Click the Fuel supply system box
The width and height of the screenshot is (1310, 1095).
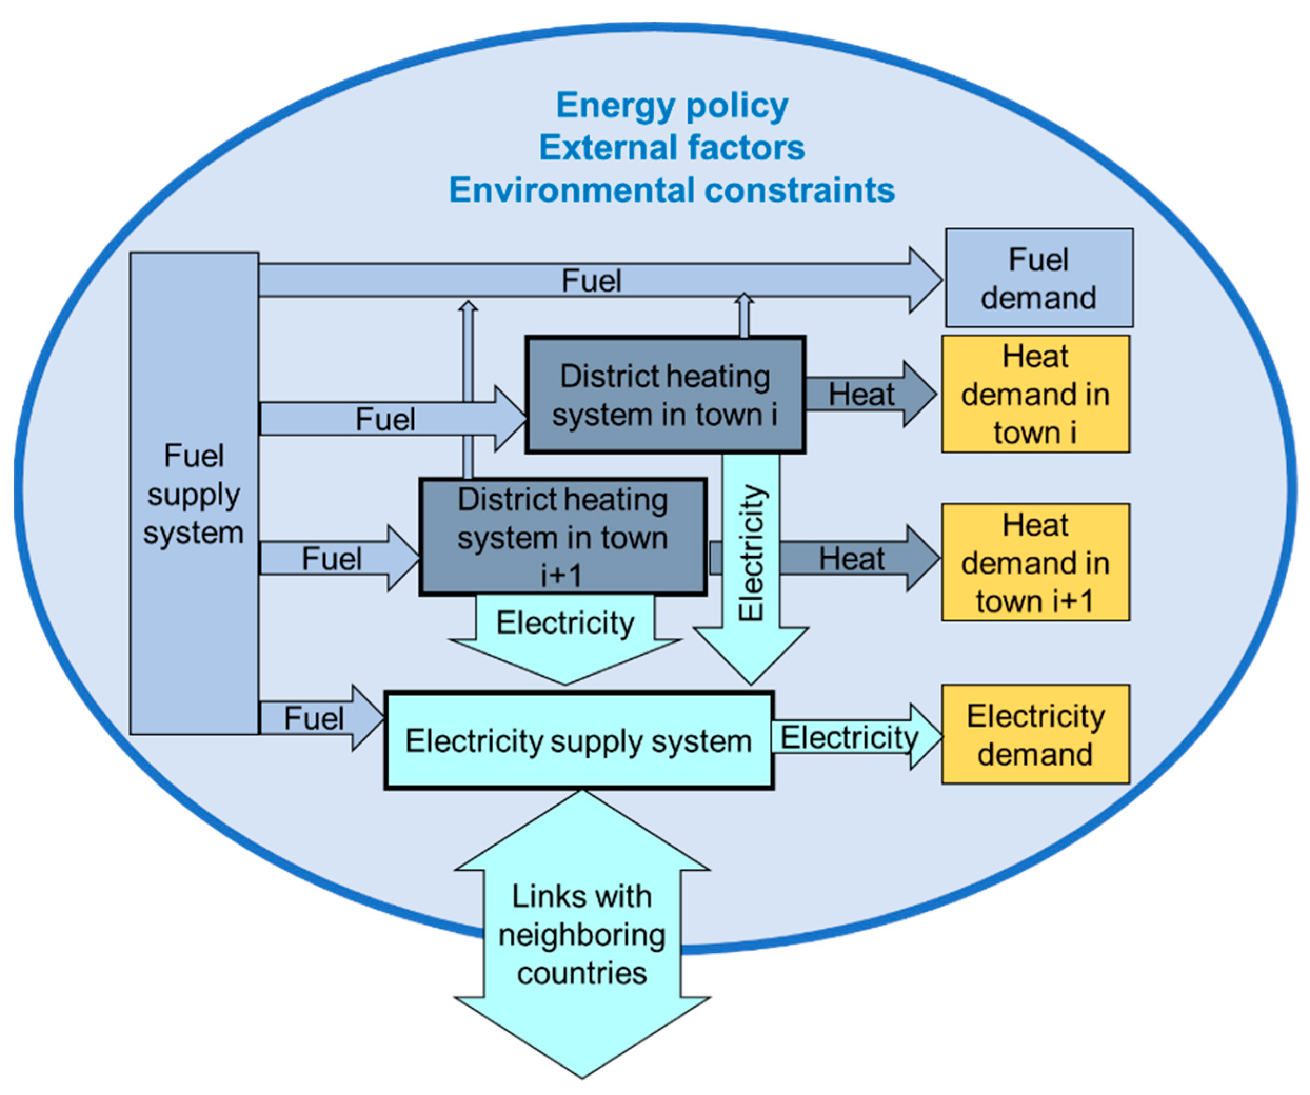point(194,493)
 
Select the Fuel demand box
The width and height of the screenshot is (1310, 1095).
point(1039,278)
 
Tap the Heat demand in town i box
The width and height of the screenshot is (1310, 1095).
point(1036,394)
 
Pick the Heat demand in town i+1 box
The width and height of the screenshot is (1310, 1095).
point(1036,562)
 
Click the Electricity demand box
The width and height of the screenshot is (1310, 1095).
point(1036,735)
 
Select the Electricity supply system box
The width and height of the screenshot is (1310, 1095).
point(579,741)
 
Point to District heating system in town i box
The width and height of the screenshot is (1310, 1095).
point(665,395)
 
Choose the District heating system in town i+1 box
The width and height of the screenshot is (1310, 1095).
point(563,537)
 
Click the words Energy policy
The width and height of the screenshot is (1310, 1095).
point(672,105)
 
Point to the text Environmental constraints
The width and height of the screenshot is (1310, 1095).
point(672,189)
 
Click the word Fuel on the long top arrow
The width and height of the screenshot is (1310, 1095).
point(591,280)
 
